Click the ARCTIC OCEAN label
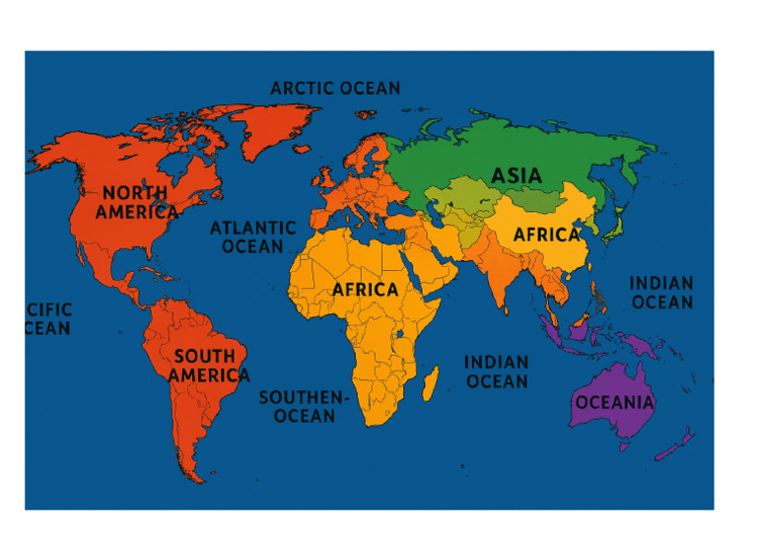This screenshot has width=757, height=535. [x=335, y=89]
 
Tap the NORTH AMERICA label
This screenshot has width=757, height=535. [x=136, y=202]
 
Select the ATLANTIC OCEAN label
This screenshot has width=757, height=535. [x=253, y=236]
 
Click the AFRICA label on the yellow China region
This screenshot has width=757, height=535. [x=546, y=235]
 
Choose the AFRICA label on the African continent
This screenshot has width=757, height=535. [x=365, y=290]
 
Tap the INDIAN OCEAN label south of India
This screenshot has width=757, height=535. [x=496, y=371]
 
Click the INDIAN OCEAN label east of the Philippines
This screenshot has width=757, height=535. [x=661, y=293]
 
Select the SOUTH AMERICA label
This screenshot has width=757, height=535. [x=207, y=366]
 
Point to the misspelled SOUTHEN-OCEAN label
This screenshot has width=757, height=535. [x=304, y=406]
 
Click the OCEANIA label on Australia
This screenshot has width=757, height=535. [x=614, y=402]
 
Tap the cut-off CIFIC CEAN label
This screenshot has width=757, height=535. [x=47, y=319]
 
